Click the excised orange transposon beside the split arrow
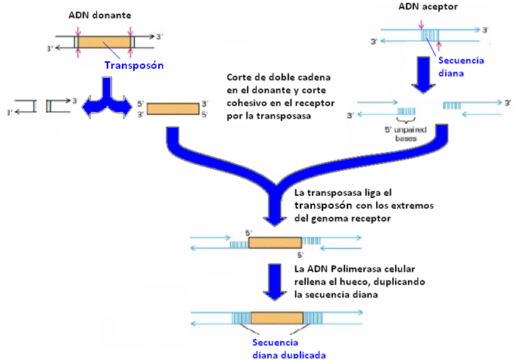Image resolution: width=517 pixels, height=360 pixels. [173, 109]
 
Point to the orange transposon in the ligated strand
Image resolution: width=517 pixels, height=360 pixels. [274, 244]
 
